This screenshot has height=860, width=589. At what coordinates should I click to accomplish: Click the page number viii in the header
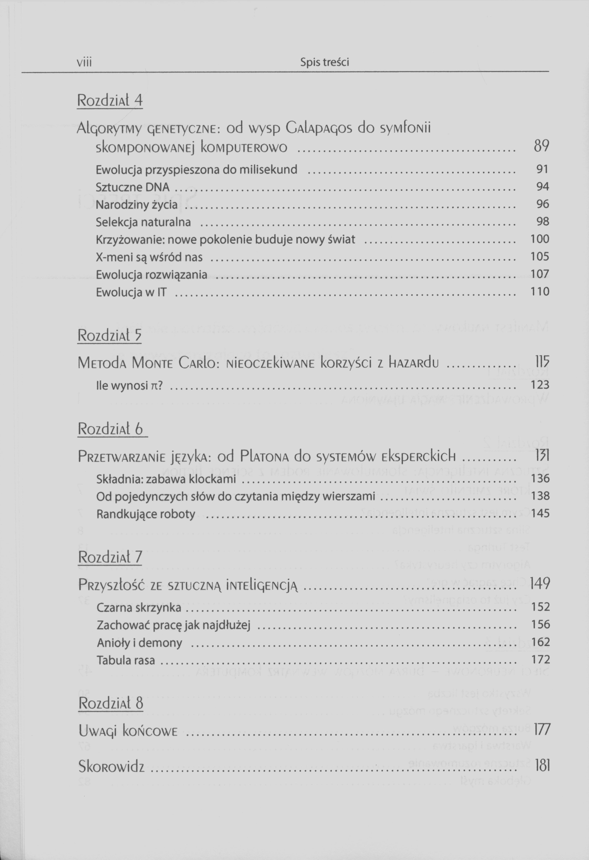click(84, 62)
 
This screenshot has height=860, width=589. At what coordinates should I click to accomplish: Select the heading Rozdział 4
click(109, 100)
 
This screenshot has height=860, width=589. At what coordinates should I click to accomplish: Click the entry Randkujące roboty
click(146, 514)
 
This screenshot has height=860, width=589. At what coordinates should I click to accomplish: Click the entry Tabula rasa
click(126, 660)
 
